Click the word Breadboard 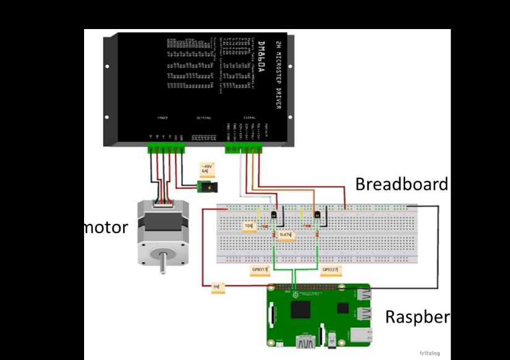[401, 184]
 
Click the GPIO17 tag [260, 270]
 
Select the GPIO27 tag [331, 270]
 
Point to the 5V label [217, 287]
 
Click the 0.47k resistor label [286, 235]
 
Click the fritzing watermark [430, 353]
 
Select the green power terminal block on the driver [166, 148]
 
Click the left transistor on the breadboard [273, 215]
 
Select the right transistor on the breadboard [317, 215]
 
